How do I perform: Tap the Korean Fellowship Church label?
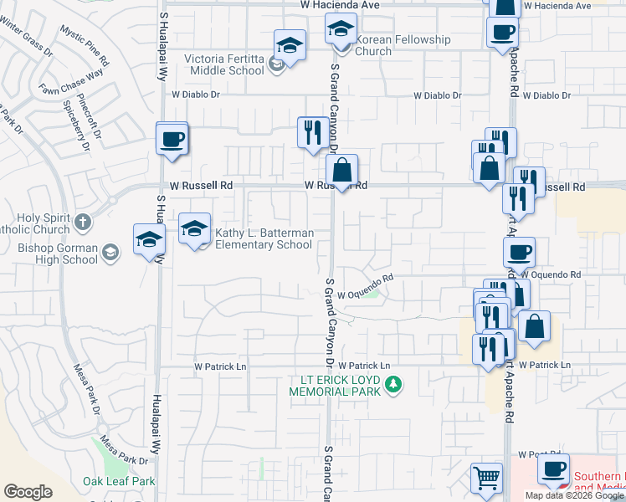click(403, 45)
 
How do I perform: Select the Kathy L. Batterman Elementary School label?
click(264, 238)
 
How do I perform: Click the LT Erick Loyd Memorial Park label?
click(335, 385)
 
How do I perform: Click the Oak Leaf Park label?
click(119, 481)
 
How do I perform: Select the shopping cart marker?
click(487, 479)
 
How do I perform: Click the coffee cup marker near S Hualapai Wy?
click(172, 139)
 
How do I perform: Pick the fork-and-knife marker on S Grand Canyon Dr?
click(312, 133)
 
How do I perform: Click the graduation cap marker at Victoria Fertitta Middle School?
click(290, 47)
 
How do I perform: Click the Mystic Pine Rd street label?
click(85, 45)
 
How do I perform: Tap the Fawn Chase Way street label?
click(70, 83)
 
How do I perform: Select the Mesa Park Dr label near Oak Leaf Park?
click(117, 449)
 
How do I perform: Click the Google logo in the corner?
click(28, 492)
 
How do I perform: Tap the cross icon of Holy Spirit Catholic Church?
click(82, 222)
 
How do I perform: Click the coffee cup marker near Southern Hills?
click(553, 470)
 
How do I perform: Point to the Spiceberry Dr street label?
click(75, 126)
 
